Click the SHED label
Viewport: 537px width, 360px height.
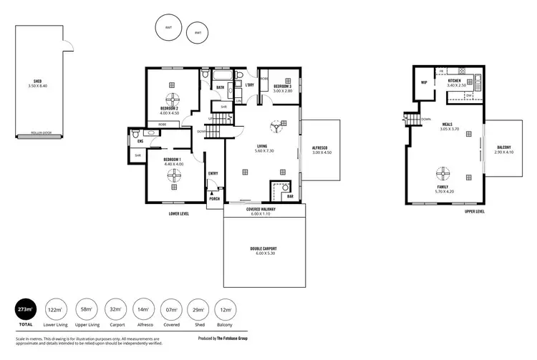click(x=37, y=82)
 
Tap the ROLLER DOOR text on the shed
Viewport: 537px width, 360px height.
click(x=37, y=133)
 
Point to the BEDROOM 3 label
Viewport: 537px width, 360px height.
click(x=282, y=87)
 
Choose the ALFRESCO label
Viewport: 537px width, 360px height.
click(x=321, y=148)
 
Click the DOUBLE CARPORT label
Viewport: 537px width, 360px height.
click(x=263, y=249)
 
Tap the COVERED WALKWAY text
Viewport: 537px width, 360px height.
click(x=261, y=209)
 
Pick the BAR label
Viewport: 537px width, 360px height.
click(x=290, y=195)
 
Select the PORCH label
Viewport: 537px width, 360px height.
click(x=214, y=198)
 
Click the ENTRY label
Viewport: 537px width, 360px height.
click(x=213, y=173)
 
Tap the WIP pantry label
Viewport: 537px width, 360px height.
click(x=424, y=82)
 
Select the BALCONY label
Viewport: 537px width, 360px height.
click(x=504, y=148)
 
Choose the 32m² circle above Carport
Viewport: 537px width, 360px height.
click(x=115, y=309)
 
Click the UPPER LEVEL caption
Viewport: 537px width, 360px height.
click(x=475, y=212)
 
